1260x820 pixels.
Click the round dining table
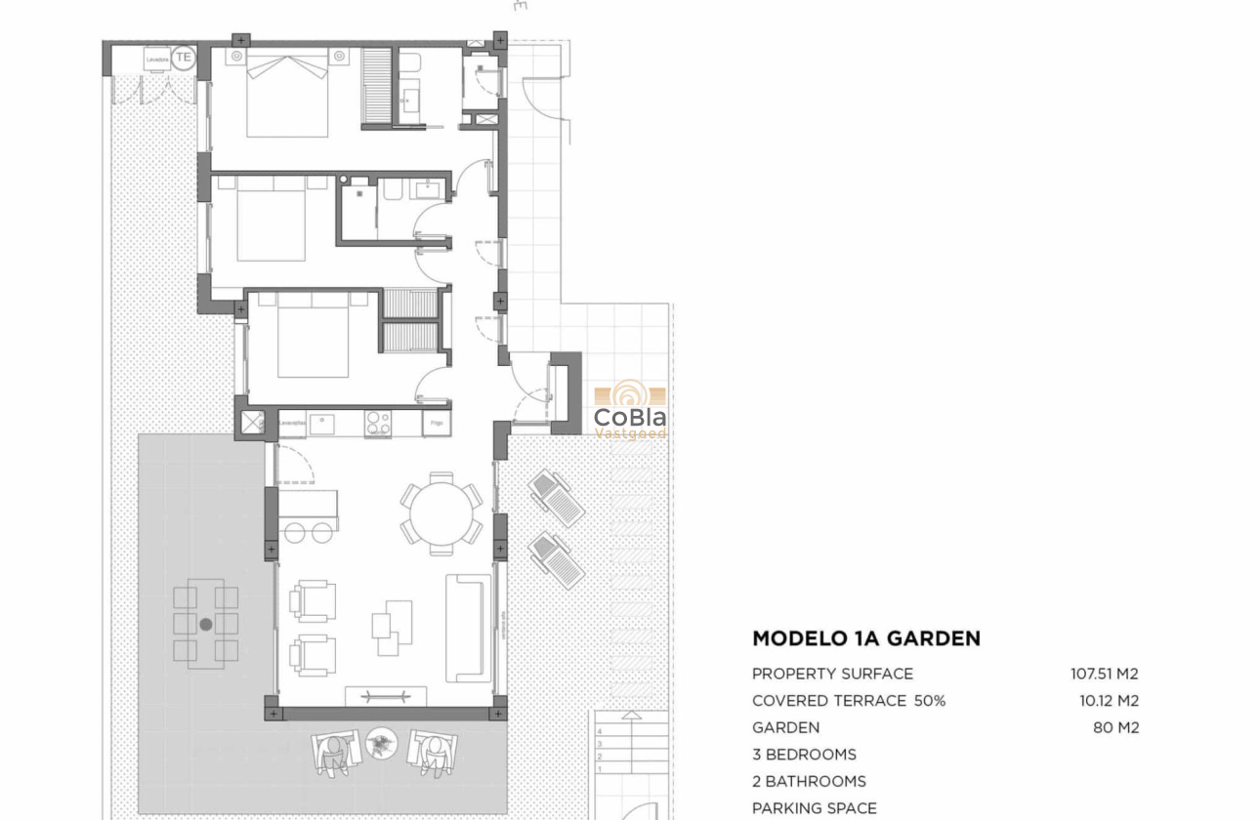pyautogui.click(x=441, y=512)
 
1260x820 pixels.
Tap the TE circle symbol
pyautogui.click(x=184, y=58)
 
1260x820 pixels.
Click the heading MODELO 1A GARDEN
pyautogui.click(x=865, y=638)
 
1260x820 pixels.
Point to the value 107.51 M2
pyautogui.click(x=1104, y=674)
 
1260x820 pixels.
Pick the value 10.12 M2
pyautogui.click(x=1109, y=701)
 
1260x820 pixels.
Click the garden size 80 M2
pyautogui.click(x=1115, y=727)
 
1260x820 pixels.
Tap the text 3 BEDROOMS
pyautogui.click(x=804, y=755)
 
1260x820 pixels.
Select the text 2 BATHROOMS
pyautogui.click(x=809, y=781)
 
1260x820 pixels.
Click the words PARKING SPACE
pyautogui.click(x=814, y=807)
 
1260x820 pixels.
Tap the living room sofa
pyautogui.click(x=468, y=628)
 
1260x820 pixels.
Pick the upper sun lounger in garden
pyautogui.click(x=557, y=498)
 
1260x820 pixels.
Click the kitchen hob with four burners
pyautogui.click(x=378, y=423)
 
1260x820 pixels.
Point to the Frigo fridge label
pyautogui.click(x=437, y=423)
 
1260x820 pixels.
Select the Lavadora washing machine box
pyautogui.click(x=157, y=60)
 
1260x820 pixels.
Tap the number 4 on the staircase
pyautogui.click(x=600, y=730)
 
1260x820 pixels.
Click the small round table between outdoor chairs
pyautogui.click(x=381, y=745)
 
